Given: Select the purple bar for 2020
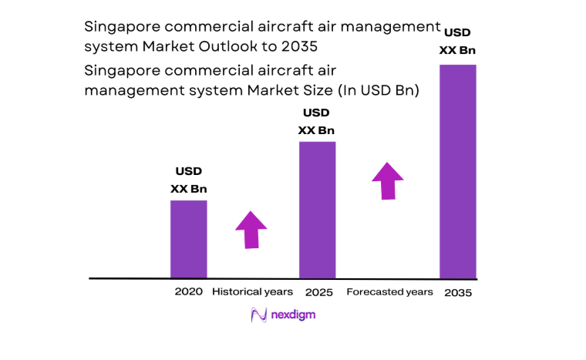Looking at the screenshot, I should click(x=188, y=239).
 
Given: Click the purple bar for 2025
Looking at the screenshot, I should click(x=317, y=209).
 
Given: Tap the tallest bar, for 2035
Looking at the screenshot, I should click(x=457, y=170).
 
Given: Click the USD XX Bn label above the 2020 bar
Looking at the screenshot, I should click(x=188, y=180).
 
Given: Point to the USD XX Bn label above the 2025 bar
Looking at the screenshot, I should click(x=317, y=121).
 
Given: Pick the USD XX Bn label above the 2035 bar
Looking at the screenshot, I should click(x=457, y=42).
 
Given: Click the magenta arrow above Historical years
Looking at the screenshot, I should click(x=251, y=229).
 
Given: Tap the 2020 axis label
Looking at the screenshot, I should click(x=188, y=292).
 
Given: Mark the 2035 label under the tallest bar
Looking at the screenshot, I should click(x=457, y=293).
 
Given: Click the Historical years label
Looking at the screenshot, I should click(x=252, y=292).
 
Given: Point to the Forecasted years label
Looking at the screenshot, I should click(x=389, y=292).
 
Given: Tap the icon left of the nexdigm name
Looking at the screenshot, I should click(x=258, y=315).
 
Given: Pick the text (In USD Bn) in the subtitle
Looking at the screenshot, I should click(x=379, y=90).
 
